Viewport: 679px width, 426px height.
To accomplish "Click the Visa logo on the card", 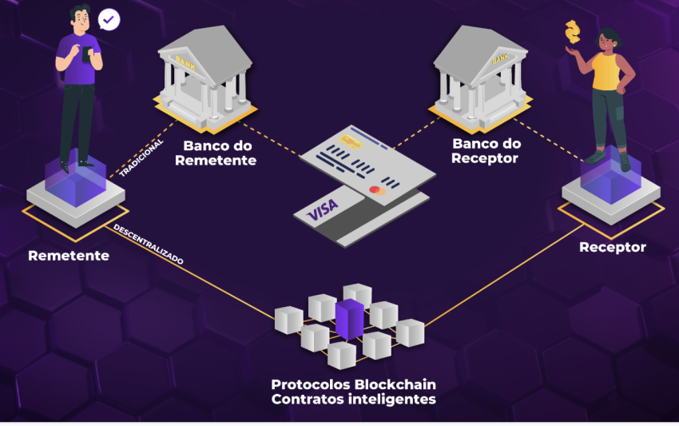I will click(x=323, y=209).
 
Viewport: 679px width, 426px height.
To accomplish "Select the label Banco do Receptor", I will click(x=486, y=150).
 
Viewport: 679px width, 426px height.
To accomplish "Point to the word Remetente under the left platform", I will click(x=69, y=256).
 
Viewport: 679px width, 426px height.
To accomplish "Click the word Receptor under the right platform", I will click(x=613, y=247).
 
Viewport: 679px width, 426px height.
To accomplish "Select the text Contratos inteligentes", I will click(x=353, y=399).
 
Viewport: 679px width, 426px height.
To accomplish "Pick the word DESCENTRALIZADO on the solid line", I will click(x=149, y=245).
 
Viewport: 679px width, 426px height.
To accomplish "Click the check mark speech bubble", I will click(x=109, y=20).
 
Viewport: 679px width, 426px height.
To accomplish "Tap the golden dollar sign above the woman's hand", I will click(x=571, y=33).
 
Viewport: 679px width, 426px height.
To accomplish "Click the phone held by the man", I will click(x=87, y=54).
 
